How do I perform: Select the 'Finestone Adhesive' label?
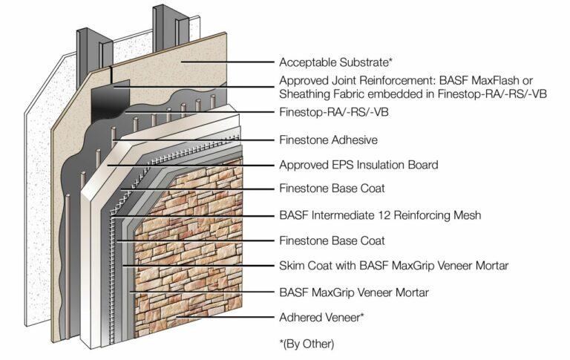click(328, 140)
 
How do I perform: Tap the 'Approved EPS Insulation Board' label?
click(358, 165)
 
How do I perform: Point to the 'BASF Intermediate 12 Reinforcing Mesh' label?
click(380, 215)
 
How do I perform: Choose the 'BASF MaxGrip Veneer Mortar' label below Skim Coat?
click(354, 292)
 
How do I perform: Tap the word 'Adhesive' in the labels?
click(354, 140)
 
